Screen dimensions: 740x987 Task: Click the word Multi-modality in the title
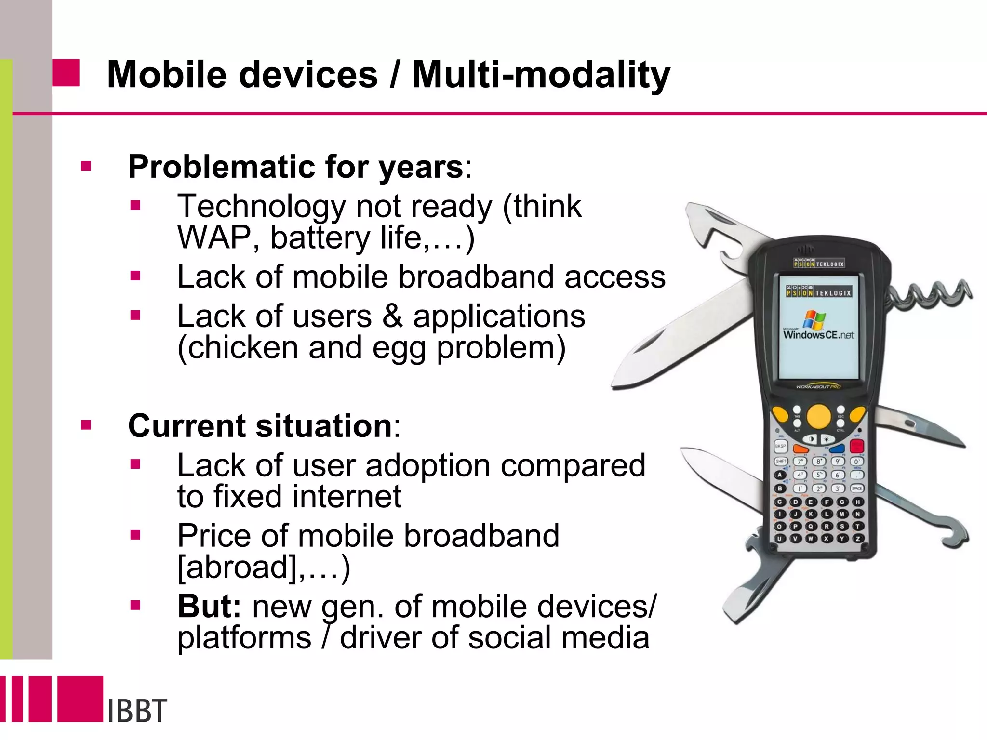click(541, 75)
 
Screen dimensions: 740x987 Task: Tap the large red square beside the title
click(66, 73)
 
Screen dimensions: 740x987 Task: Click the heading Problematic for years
click(295, 167)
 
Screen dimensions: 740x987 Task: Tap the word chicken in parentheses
click(238, 347)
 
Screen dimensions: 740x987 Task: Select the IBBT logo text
click(137, 711)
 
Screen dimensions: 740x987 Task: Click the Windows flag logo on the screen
click(814, 319)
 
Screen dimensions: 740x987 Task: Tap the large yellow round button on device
click(818, 416)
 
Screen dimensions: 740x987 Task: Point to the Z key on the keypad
click(858, 539)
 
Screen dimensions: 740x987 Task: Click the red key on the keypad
click(857, 446)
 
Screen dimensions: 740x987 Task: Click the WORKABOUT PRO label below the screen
click(818, 386)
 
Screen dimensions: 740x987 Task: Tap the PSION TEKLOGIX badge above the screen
click(819, 264)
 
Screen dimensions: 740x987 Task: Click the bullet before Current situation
click(86, 425)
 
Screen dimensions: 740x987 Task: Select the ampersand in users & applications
click(392, 317)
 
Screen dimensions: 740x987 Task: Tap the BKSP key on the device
click(780, 446)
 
